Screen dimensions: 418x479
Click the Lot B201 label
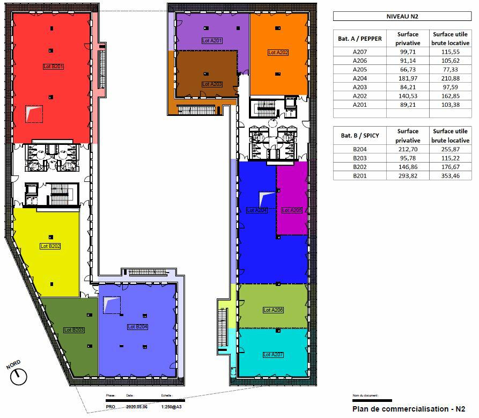pos(54,67)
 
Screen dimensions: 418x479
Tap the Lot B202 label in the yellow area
pos(50,246)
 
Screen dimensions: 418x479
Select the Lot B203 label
pos(74,330)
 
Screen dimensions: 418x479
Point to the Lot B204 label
pos(138,326)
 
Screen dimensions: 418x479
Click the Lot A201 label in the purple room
pos(212,41)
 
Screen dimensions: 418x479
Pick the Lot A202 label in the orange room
pos(278,53)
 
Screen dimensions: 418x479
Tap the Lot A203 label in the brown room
pos(212,84)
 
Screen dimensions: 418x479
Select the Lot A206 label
pos(273,310)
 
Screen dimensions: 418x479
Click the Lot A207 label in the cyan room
pos(273,355)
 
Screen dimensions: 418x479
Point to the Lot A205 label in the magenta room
pos(292,210)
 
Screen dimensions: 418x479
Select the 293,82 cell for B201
pos(408,175)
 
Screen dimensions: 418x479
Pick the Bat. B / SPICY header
pos(359,136)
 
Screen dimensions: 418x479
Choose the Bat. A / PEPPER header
pos(360,39)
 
